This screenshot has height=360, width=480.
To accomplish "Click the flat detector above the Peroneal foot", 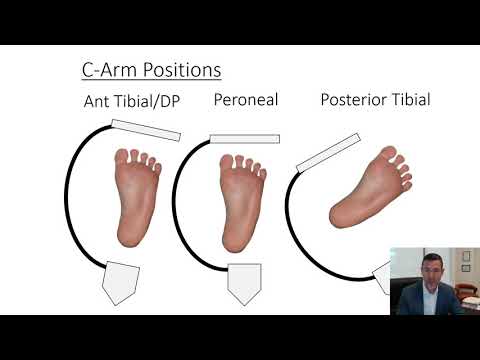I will [244, 138].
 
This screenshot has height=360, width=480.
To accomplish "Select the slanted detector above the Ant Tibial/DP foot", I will [146, 129].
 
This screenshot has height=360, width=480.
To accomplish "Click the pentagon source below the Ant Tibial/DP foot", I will [119, 282].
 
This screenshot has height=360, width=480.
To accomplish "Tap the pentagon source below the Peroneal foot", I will [243, 283].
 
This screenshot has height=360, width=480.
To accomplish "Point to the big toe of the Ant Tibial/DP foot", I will [123, 157].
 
